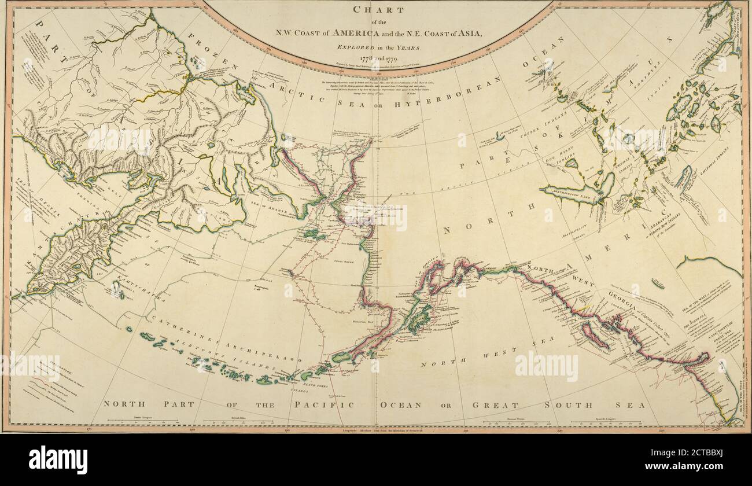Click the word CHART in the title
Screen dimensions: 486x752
point(379,10)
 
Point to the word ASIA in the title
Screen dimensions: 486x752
point(465,34)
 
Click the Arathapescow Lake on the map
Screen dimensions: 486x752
point(573,192)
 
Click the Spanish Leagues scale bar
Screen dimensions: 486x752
point(607,423)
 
